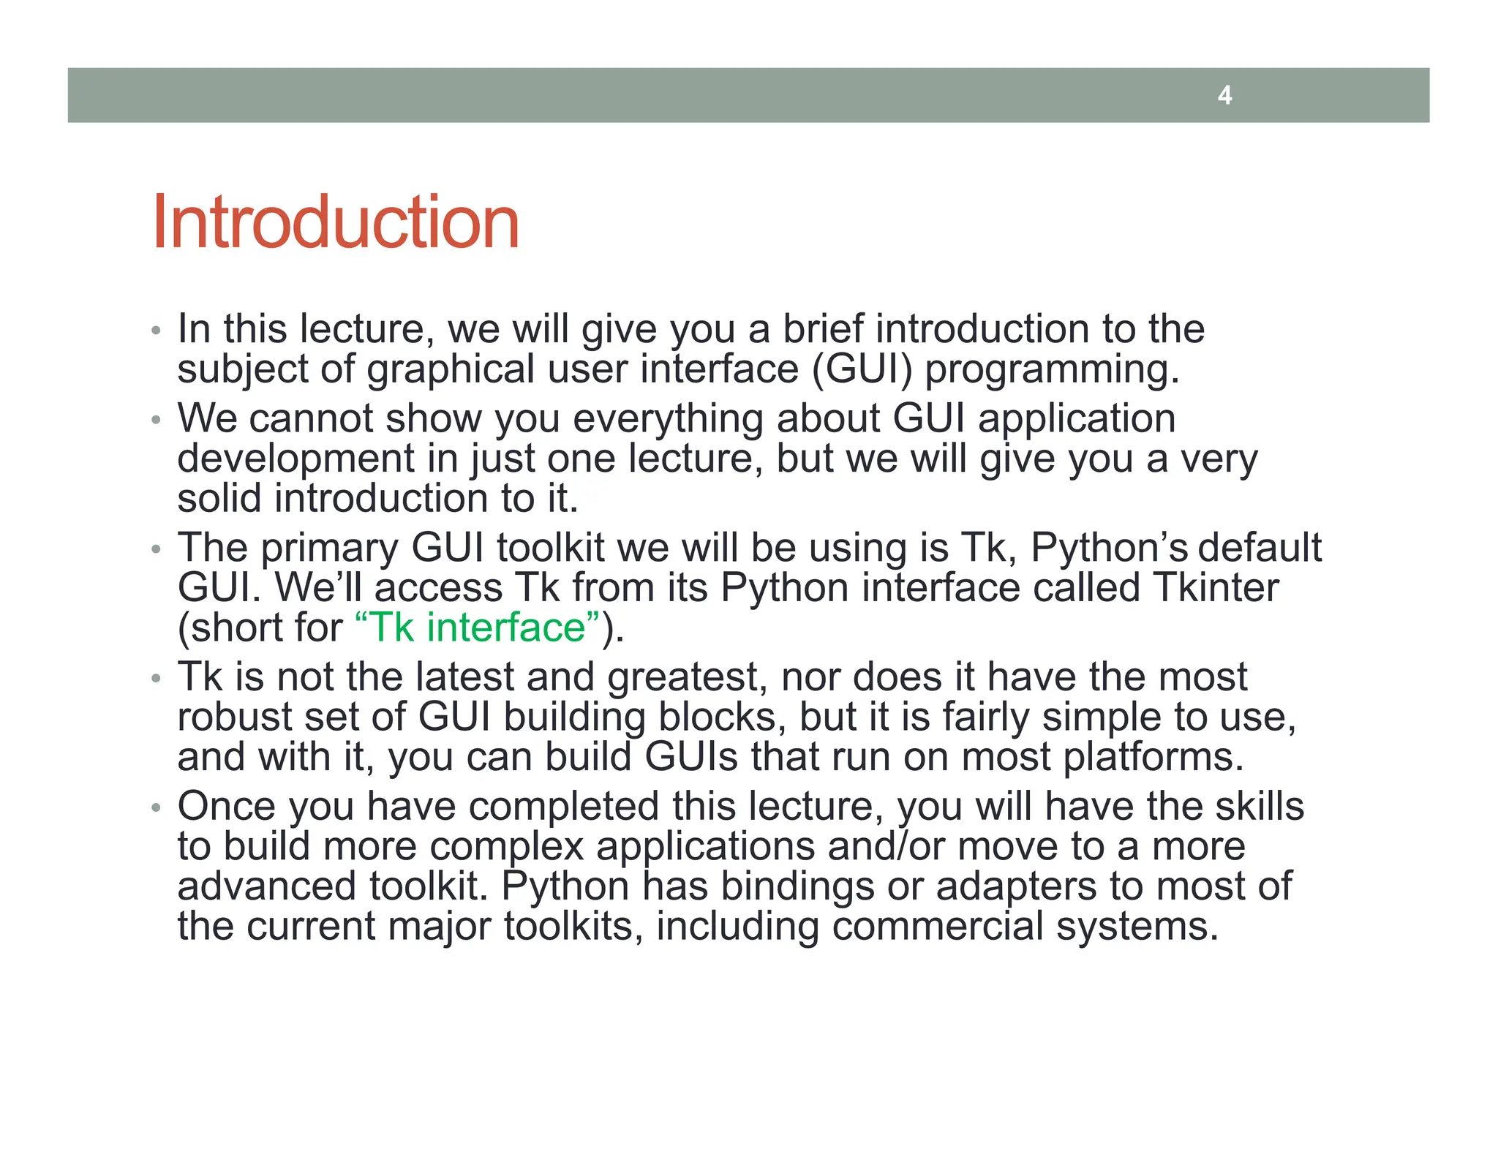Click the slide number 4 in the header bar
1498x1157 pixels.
pos(1224,95)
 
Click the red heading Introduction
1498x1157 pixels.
pos(335,222)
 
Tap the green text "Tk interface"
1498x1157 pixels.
pos(477,628)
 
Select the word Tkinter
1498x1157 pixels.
pos(1216,588)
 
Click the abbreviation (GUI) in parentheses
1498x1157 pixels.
pos(862,369)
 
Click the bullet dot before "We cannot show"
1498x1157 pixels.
pos(155,421)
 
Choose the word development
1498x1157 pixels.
pos(296,460)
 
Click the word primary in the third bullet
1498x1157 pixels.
pos(329,549)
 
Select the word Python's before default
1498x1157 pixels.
pos(1107,549)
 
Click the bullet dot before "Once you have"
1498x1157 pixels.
pos(155,808)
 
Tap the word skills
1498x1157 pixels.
pos(1260,807)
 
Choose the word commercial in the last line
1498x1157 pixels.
pos(937,927)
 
